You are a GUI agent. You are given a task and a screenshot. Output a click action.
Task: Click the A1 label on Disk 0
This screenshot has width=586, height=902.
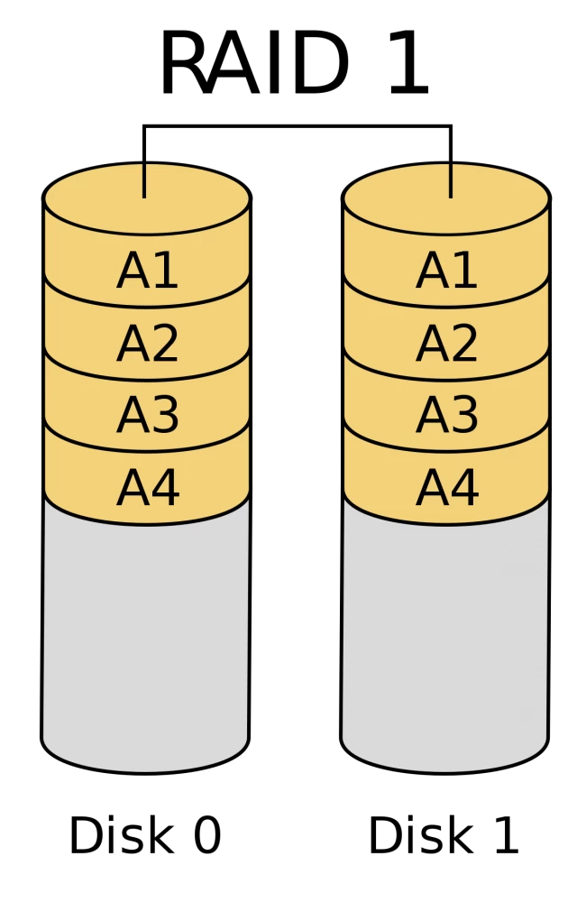click(147, 271)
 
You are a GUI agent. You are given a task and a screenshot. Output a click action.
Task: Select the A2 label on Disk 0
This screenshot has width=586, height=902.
click(147, 344)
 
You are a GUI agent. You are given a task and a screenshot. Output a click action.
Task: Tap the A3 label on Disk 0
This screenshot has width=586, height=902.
click(147, 415)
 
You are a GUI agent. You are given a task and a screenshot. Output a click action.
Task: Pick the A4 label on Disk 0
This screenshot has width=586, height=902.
click(148, 488)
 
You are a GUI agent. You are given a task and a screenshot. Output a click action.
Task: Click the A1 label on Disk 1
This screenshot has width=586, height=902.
click(446, 271)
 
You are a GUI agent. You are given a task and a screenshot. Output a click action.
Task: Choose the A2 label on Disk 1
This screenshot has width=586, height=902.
click(446, 344)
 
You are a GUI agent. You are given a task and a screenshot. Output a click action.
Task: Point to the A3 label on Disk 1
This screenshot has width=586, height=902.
click(446, 415)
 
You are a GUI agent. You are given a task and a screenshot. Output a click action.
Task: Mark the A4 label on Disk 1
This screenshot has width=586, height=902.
click(447, 488)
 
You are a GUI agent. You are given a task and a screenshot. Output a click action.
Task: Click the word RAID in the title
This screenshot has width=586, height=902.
click(253, 63)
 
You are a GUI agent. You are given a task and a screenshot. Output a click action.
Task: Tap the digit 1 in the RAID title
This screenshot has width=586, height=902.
click(408, 63)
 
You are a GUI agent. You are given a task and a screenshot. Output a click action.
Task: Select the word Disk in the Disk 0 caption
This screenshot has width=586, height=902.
click(121, 834)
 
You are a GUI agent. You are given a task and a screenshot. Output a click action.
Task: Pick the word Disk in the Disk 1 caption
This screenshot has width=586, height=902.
click(420, 834)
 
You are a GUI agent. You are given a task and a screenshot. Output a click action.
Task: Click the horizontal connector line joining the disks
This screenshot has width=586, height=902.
click(298, 125)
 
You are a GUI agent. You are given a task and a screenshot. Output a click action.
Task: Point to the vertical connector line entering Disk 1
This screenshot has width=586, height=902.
click(451, 161)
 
